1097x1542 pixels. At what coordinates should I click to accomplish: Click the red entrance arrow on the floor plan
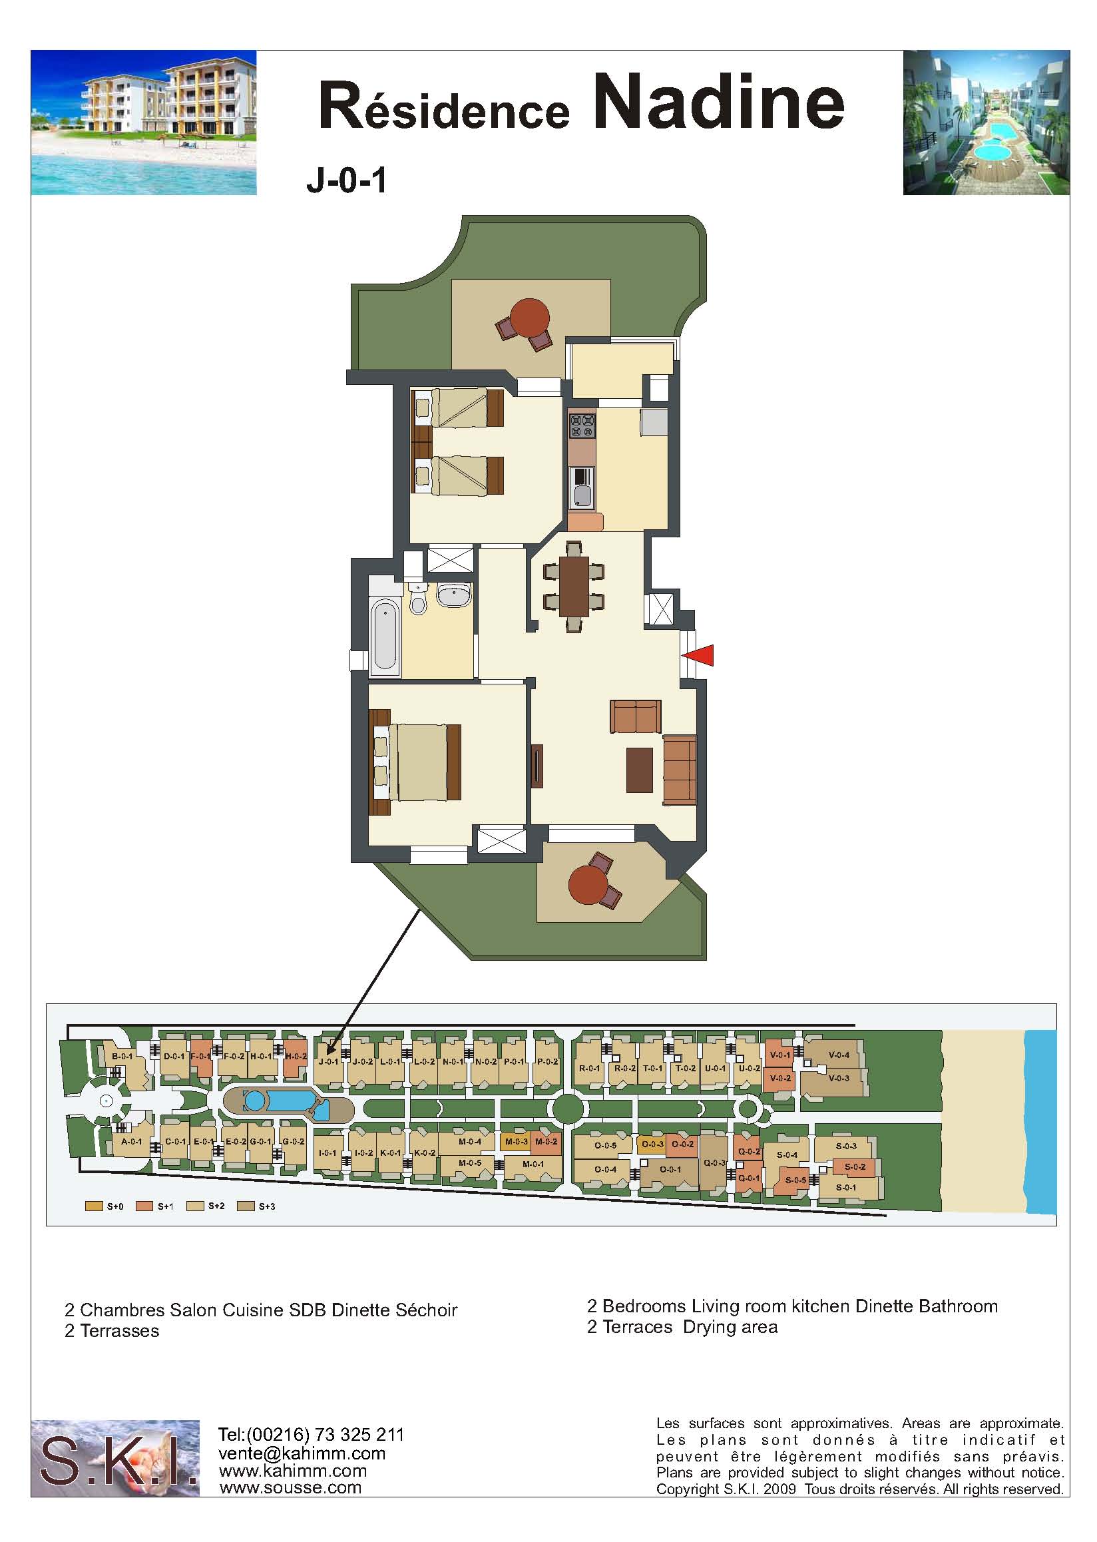(x=698, y=655)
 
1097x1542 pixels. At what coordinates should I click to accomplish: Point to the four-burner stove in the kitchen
(x=582, y=426)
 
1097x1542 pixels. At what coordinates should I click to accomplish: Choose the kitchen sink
(x=582, y=488)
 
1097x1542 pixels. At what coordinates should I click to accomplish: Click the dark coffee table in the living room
(x=639, y=770)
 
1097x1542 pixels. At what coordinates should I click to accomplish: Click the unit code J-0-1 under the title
(x=347, y=181)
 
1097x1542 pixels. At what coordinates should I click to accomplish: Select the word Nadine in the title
(x=720, y=101)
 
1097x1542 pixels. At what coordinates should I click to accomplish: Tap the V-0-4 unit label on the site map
(x=839, y=1055)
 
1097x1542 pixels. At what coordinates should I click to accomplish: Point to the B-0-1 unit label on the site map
(x=122, y=1056)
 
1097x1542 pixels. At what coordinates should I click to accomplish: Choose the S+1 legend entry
(x=154, y=1206)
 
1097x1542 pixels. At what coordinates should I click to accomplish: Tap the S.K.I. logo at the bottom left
(x=116, y=1458)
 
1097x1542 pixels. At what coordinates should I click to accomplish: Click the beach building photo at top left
(x=144, y=123)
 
